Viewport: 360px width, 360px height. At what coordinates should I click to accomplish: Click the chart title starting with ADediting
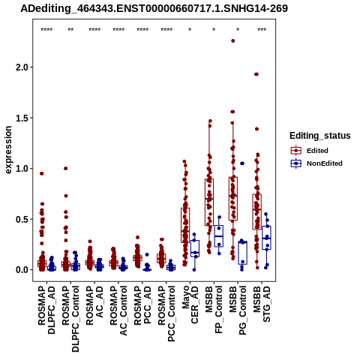click(154, 8)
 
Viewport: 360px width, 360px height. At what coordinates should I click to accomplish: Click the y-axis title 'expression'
click(8, 150)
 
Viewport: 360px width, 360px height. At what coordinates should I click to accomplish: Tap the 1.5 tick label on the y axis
click(22, 118)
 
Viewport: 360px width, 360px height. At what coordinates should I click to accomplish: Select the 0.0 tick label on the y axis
click(22, 270)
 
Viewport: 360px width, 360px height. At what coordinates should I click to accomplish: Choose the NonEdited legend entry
click(316, 163)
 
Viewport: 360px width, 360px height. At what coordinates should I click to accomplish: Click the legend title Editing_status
click(320, 136)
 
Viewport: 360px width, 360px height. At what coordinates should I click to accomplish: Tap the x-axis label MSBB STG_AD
click(262, 304)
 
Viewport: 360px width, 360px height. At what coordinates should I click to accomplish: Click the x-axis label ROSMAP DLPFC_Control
click(70, 319)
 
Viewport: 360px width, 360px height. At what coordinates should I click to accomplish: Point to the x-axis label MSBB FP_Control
click(214, 310)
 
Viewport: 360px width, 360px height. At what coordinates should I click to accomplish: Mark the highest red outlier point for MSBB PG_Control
click(233, 41)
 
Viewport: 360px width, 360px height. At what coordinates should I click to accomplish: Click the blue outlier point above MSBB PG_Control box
click(242, 163)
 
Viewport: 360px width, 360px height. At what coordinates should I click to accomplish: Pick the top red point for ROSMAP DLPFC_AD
click(42, 173)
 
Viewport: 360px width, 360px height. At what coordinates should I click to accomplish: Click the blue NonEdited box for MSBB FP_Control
click(219, 236)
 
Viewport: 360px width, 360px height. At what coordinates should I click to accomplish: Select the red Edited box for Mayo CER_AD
click(185, 225)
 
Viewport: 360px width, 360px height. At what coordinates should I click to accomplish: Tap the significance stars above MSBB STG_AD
click(262, 30)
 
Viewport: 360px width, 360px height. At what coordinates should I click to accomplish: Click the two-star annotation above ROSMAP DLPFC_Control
click(70, 30)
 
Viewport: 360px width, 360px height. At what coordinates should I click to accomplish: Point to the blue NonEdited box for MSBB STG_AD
click(266, 238)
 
